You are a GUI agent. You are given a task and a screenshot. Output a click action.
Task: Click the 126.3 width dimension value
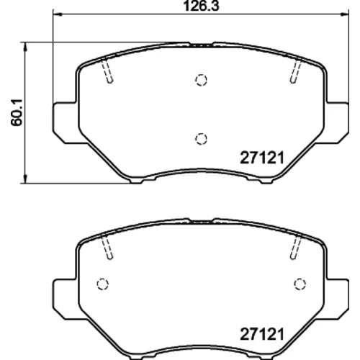click(x=201, y=6)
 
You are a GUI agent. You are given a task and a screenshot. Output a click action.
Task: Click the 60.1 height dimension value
click(x=17, y=112)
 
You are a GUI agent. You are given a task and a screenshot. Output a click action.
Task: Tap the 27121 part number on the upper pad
click(x=262, y=158)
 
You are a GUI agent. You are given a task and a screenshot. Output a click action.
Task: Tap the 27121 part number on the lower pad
click(x=262, y=334)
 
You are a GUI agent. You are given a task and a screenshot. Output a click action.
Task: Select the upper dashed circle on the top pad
click(x=201, y=80)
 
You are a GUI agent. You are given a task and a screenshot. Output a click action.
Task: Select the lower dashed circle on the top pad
click(x=201, y=139)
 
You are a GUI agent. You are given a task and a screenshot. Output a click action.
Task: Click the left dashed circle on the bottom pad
click(x=103, y=284)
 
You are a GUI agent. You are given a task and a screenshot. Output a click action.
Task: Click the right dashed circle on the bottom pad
click(x=300, y=284)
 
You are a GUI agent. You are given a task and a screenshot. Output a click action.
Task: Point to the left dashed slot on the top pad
click(x=107, y=71)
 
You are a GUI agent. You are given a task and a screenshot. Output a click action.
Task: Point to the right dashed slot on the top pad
click(x=296, y=71)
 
